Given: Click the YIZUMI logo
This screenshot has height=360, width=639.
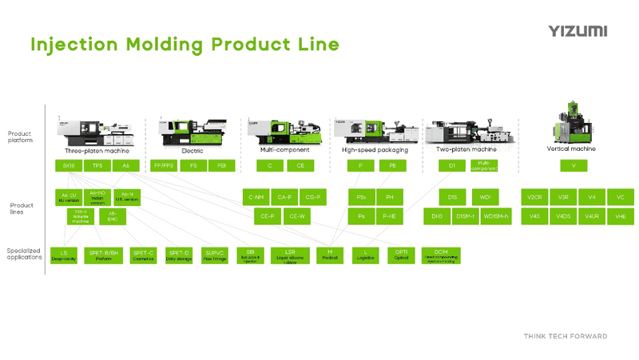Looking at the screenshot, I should pos(577,31).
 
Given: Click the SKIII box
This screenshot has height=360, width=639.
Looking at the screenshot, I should pos(68,166).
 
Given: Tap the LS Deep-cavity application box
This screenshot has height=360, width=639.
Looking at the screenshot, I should pos(63,255).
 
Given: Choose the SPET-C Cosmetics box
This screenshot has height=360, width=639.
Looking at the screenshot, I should pos(143,255).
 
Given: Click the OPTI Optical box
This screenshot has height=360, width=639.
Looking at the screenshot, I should pos(401,255).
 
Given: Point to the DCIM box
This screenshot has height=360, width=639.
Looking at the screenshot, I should pos(441,255).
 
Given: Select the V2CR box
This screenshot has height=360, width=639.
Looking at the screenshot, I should pos(534,196).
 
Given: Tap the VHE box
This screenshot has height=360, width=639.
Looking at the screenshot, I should pos(621,216).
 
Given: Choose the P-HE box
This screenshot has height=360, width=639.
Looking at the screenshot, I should pos(390,216).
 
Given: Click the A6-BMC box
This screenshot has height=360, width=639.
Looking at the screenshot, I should pos(113,216).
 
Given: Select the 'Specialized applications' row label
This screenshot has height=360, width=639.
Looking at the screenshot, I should pos(24,255).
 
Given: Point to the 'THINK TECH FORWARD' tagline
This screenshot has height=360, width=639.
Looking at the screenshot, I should pos(565,336).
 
